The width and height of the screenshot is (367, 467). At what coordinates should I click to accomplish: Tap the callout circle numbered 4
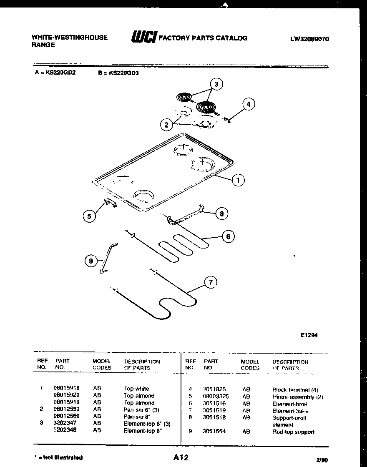coord(249,104)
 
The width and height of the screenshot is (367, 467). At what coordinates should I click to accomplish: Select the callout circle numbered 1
coord(238,180)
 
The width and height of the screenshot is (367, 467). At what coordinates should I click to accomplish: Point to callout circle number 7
coord(211,283)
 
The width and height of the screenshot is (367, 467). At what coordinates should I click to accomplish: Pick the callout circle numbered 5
coord(88,216)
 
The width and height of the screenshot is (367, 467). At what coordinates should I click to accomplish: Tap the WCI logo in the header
coord(143,37)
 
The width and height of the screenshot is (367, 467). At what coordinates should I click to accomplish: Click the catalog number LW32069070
coord(309,39)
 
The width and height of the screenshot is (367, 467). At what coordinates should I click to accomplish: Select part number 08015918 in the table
coord(67,388)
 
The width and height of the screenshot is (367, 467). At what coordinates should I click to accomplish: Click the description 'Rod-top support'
coord(293,432)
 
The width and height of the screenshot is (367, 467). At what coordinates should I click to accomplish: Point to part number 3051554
coord(214,432)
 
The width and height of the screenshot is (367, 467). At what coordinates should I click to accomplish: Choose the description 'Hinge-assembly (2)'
coord(297,397)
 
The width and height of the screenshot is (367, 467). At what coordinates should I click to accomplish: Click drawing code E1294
coord(309,334)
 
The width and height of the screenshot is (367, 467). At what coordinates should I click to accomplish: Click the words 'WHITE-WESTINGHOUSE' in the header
coord(70,37)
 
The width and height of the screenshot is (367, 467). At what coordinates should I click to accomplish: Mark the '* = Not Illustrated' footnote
coord(58,457)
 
